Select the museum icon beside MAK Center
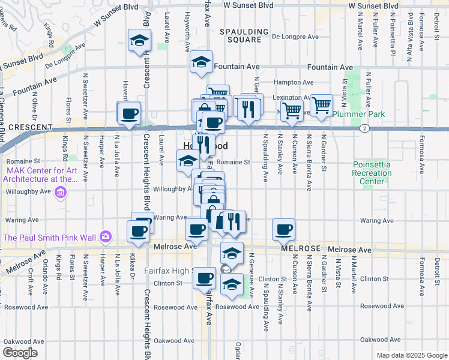click(x=60, y=193)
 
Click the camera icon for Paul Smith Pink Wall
click(x=106, y=237)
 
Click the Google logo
click(x=20, y=352)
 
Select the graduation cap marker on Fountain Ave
click(x=201, y=62)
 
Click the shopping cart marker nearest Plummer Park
click(x=322, y=106)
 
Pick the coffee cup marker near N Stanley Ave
click(x=284, y=229)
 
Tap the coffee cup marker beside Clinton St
click(x=205, y=277)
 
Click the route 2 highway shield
click(x=364, y=128)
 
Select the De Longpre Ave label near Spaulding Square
click(x=295, y=37)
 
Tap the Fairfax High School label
click(x=168, y=271)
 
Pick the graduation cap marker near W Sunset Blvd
click(x=139, y=41)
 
